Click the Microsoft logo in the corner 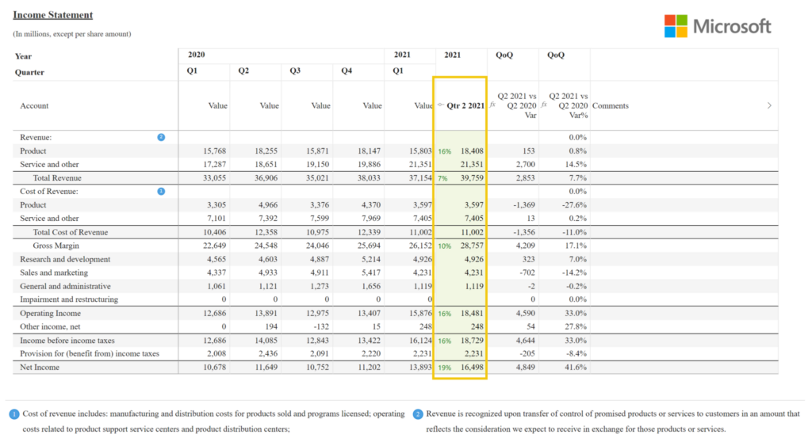click(717, 26)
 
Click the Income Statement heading click(52, 15)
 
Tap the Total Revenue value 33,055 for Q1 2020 click(214, 178)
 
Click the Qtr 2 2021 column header click(465, 105)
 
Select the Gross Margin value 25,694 click(369, 246)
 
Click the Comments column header click(610, 105)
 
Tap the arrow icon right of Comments click(768, 105)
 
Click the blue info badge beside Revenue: click(161, 137)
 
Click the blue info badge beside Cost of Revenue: click(161, 191)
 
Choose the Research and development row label click(65, 259)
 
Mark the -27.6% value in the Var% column click(575, 205)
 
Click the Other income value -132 click(320, 326)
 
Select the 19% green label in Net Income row click(445, 367)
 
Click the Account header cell click(34, 105)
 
